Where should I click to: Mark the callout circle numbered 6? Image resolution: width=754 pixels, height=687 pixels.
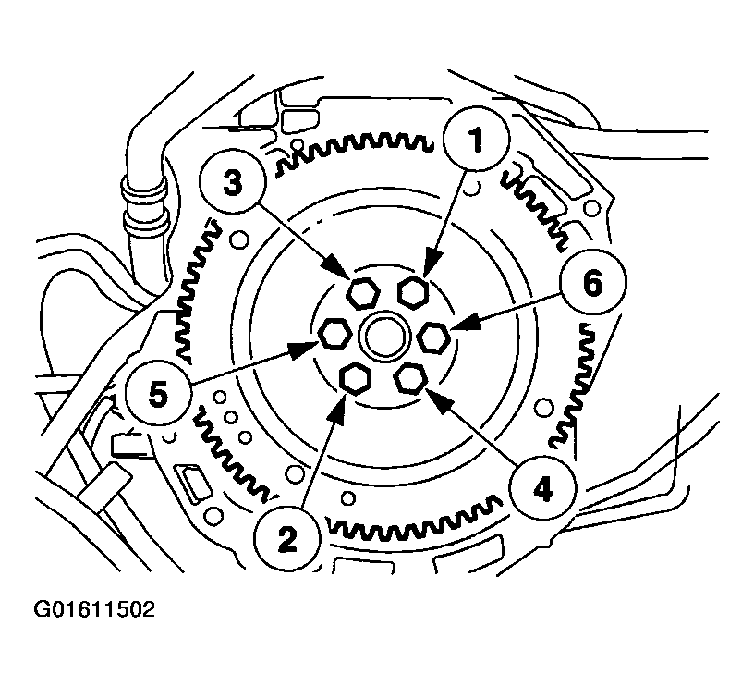[592, 284]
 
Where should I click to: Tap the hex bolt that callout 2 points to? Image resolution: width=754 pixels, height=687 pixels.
[354, 377]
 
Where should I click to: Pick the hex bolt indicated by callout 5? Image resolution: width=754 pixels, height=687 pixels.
[333, 333]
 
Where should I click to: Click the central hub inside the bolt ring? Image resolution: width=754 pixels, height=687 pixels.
[383, 336]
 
